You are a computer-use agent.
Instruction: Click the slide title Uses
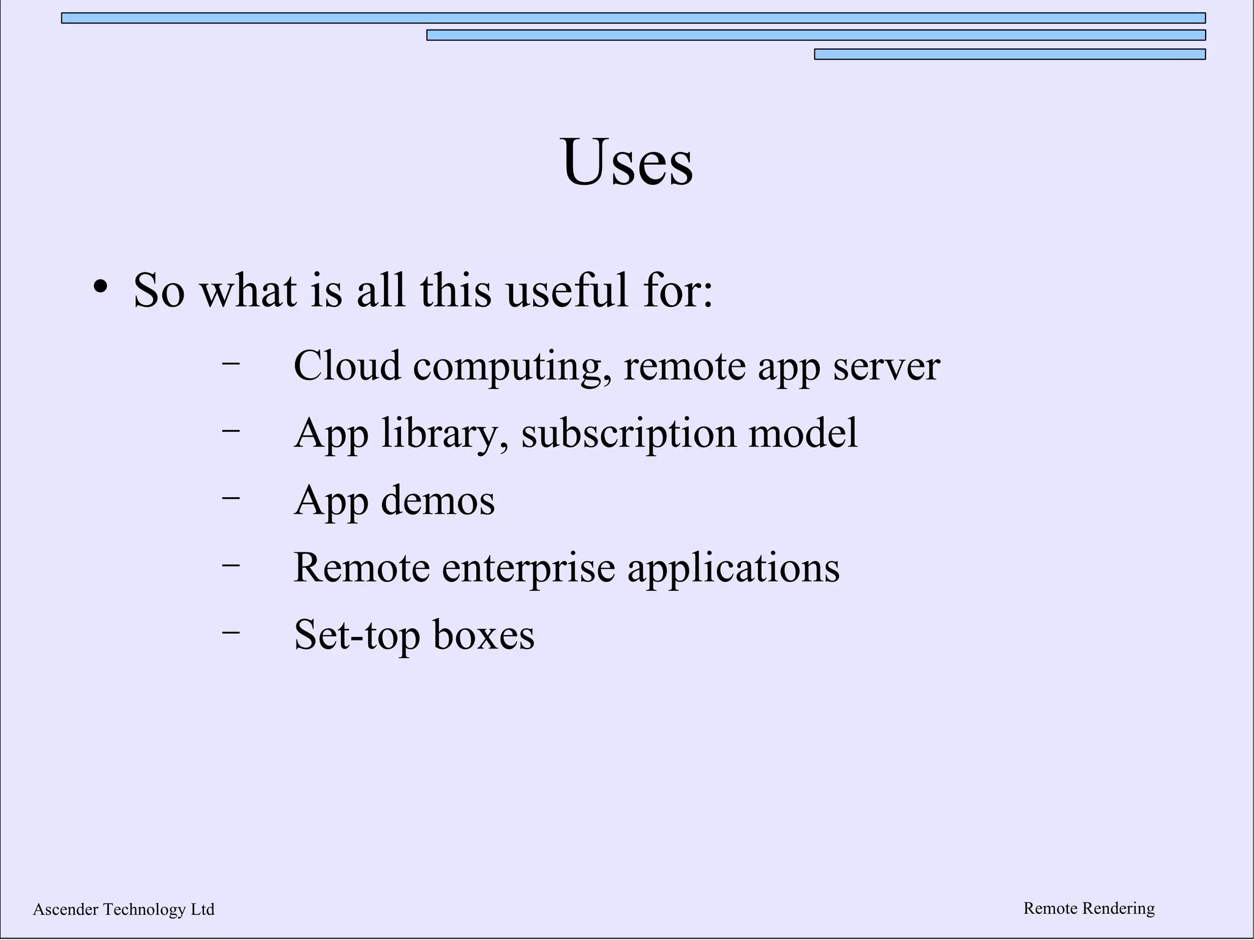[x=626, y=162]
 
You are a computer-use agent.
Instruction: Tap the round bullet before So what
[x=101, y=287]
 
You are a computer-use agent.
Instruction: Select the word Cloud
[x=347, y=366]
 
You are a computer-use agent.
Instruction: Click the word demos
[x=438, y=500]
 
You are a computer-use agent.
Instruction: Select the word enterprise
[x=528, y=568]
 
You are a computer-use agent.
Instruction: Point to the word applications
[x=733, y=568]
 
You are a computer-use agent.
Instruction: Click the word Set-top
[x=357, y=635]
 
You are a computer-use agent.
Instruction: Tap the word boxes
[x=484, y=635]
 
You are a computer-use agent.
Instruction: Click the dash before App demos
[x=231, y=497]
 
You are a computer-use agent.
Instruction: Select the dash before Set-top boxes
[x=231, y=631]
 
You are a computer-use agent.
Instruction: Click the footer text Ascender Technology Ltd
[x=124, y=909]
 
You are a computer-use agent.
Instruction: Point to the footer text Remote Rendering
[x=1089, y=908]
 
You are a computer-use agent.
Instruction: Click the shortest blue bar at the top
[x=1010, y=55]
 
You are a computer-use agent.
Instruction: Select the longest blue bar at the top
[x=633, y=18]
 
